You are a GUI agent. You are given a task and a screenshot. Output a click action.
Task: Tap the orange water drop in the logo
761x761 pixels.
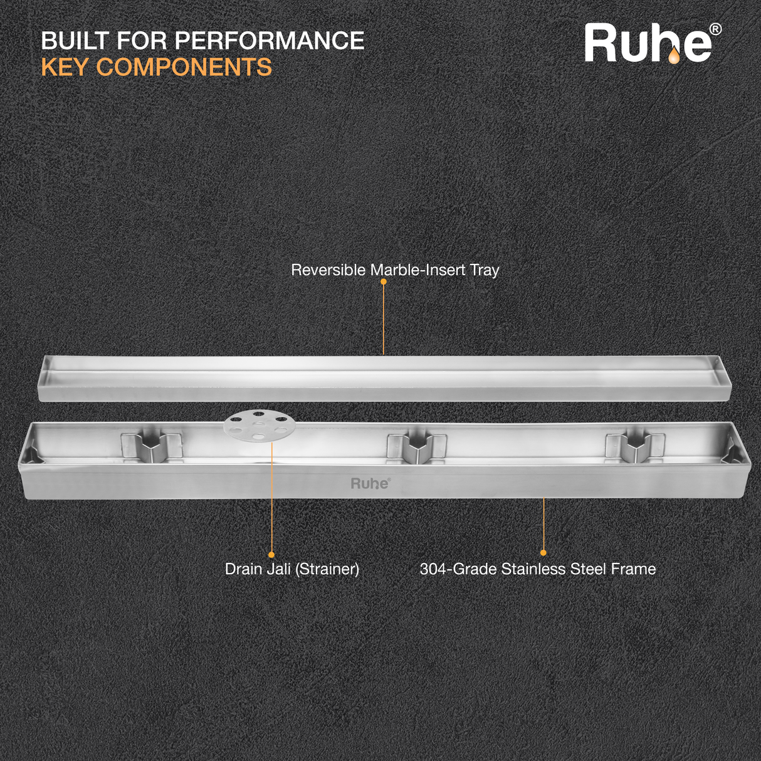click(673, 56)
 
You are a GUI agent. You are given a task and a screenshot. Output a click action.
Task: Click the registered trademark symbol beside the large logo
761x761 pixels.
click(715, 29)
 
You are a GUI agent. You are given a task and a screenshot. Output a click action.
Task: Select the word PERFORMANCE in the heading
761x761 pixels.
click(269, 41)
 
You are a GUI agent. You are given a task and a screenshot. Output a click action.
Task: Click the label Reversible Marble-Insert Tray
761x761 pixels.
click(395, 270)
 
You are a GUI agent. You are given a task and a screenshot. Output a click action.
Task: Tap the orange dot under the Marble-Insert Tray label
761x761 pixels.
click(384, 281)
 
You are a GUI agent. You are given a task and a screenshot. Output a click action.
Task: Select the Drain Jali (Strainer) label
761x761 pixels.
click(292, 569)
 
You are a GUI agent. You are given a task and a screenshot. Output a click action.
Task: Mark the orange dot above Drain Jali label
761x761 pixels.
click(271, 555)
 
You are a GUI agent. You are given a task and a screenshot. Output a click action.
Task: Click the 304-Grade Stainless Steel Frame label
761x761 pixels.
click(537, 569)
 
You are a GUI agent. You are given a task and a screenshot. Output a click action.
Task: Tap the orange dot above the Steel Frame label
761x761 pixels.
click(543, 553)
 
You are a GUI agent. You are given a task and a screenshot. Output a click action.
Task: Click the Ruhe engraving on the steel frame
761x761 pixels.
click(370, 483)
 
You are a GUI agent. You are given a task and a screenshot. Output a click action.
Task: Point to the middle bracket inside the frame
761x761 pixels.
click(417, 446)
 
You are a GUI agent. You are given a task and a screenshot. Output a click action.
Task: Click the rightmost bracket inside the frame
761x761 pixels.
click(634, 446)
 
